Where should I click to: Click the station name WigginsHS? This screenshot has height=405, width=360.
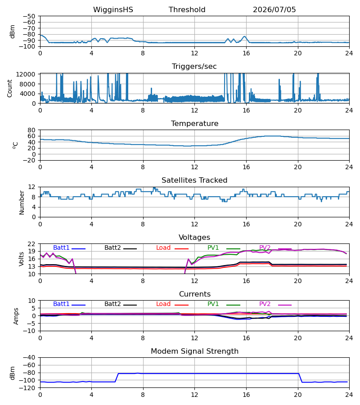pyautogui.click(x=113, y=9)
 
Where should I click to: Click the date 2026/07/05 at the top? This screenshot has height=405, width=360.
pyautogui.click(x=274, y=9)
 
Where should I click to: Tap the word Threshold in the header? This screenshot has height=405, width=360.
pyautogui.click(x=187, y=9)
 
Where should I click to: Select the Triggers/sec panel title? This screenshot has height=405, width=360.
pyautogui.click(x=194, y=67)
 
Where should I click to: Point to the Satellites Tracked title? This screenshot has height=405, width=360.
pyautogui.click(x=194, y=180)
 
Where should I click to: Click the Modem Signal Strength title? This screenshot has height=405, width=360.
pyautogui.click(x=194, y=351)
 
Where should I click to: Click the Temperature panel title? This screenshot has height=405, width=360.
pyautogui.click(x=194, y=123)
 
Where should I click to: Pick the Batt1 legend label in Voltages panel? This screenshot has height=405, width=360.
pyautogui.click(x=61, y=247)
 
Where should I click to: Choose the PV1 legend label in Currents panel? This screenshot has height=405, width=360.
pyautogui.click(x=213, y=304)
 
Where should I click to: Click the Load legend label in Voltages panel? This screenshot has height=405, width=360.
pyautogui.click(x=163, y=247)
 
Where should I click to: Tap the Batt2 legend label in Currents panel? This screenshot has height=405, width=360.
pyautogui.click(x=112, y=304)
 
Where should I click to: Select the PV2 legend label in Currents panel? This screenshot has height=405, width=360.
pyautogui.click(x=265, y=304)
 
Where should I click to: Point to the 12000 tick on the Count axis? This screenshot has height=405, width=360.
pyautogui.click(x=26, y=74)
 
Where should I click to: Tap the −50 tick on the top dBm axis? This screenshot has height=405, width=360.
pyautogui.click(x=29, y=16)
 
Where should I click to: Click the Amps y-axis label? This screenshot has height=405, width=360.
pyautogui.click(x=16, y=316)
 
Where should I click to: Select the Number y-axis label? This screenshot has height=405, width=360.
pyautogui.click(x=22, y=202)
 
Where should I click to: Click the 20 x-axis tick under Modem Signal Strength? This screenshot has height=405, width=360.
pyautogui.click(x=298, y=395)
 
